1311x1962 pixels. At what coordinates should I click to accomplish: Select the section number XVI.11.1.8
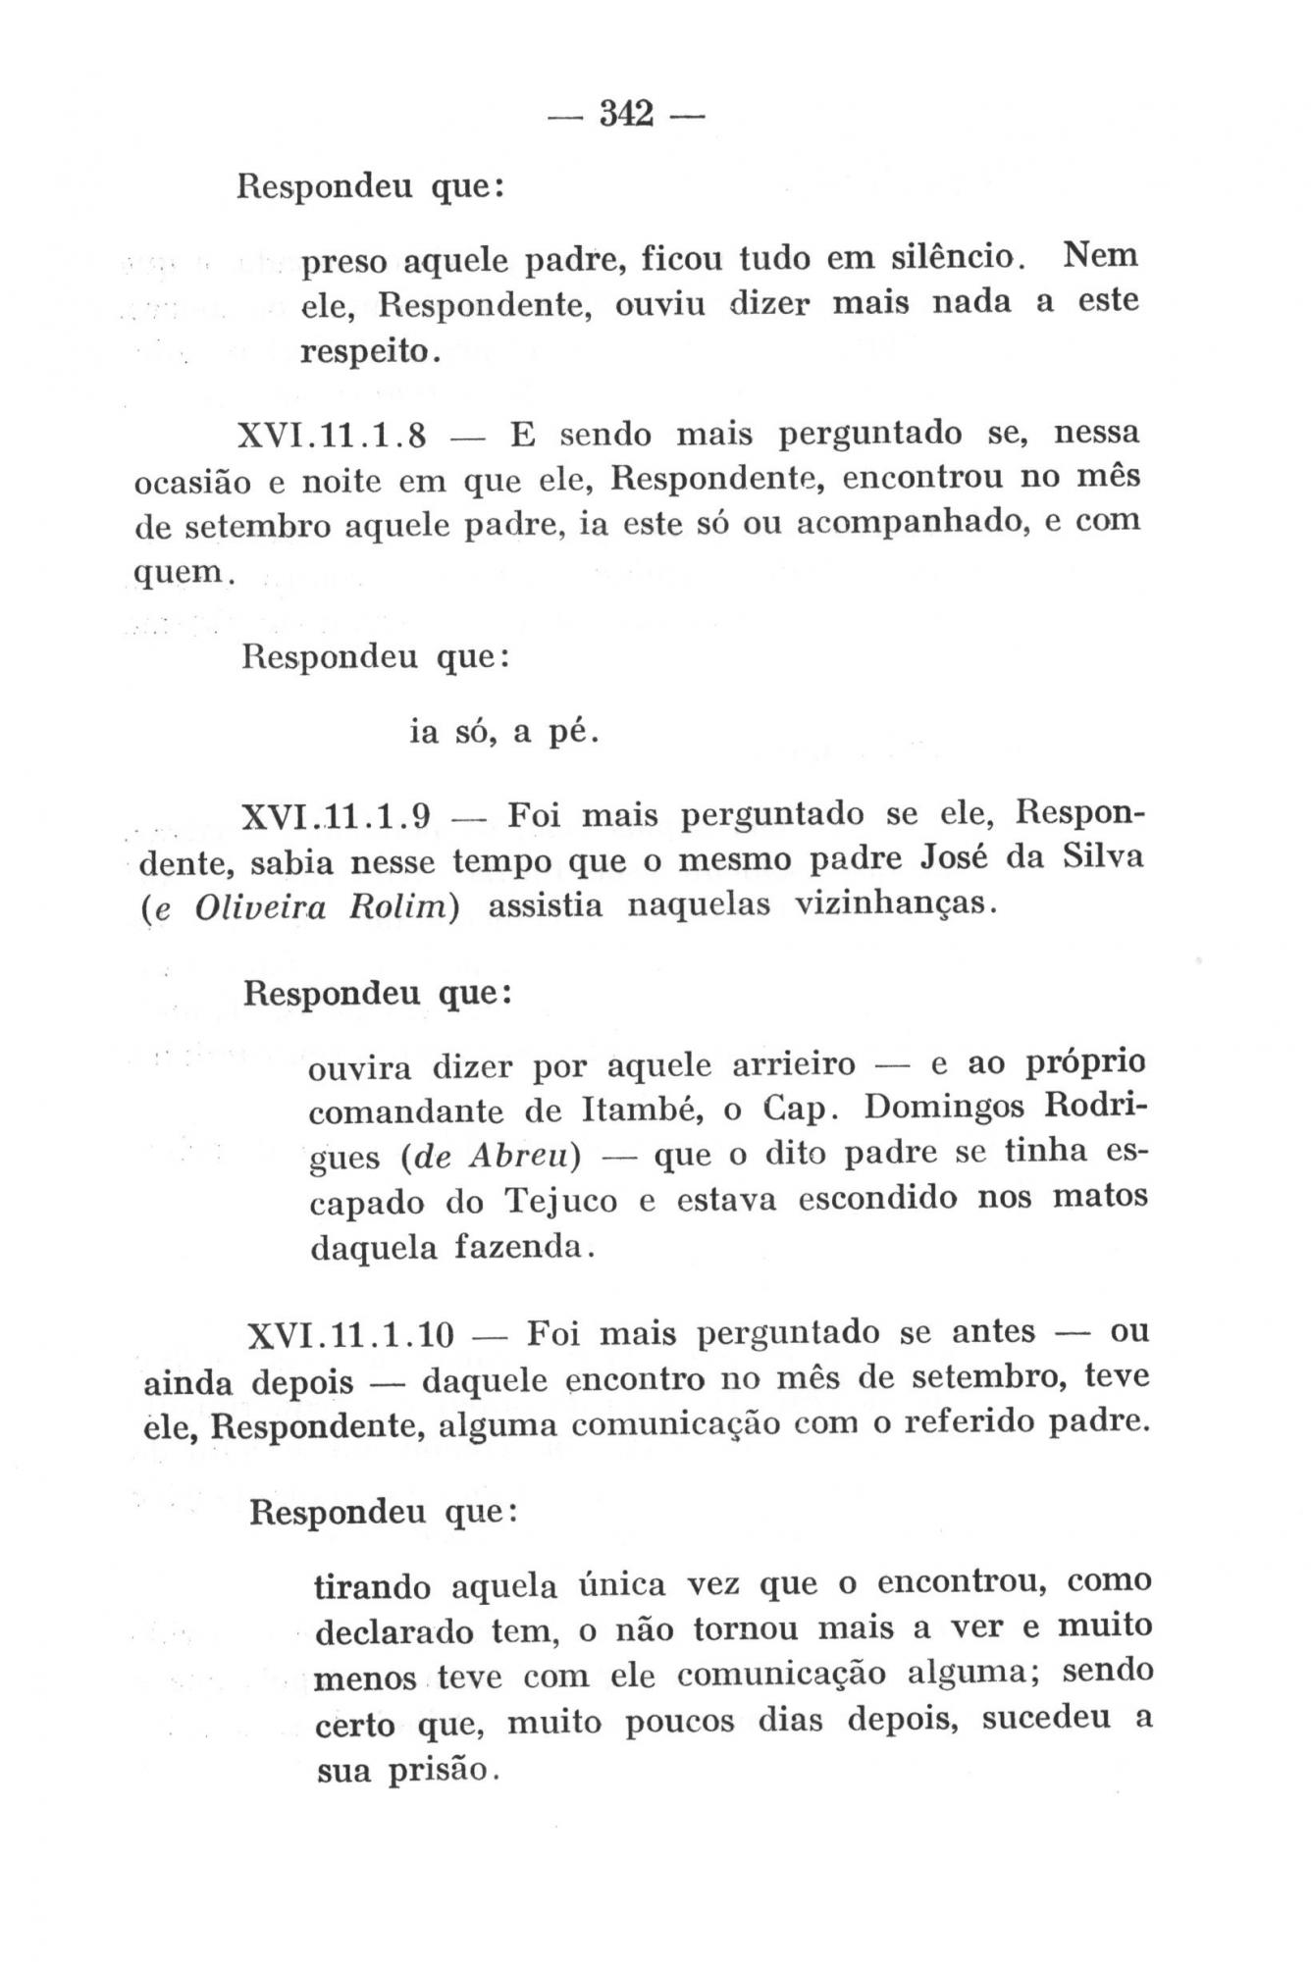332,435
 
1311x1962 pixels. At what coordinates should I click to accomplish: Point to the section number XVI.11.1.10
351,1335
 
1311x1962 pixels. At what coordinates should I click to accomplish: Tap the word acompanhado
909,521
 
